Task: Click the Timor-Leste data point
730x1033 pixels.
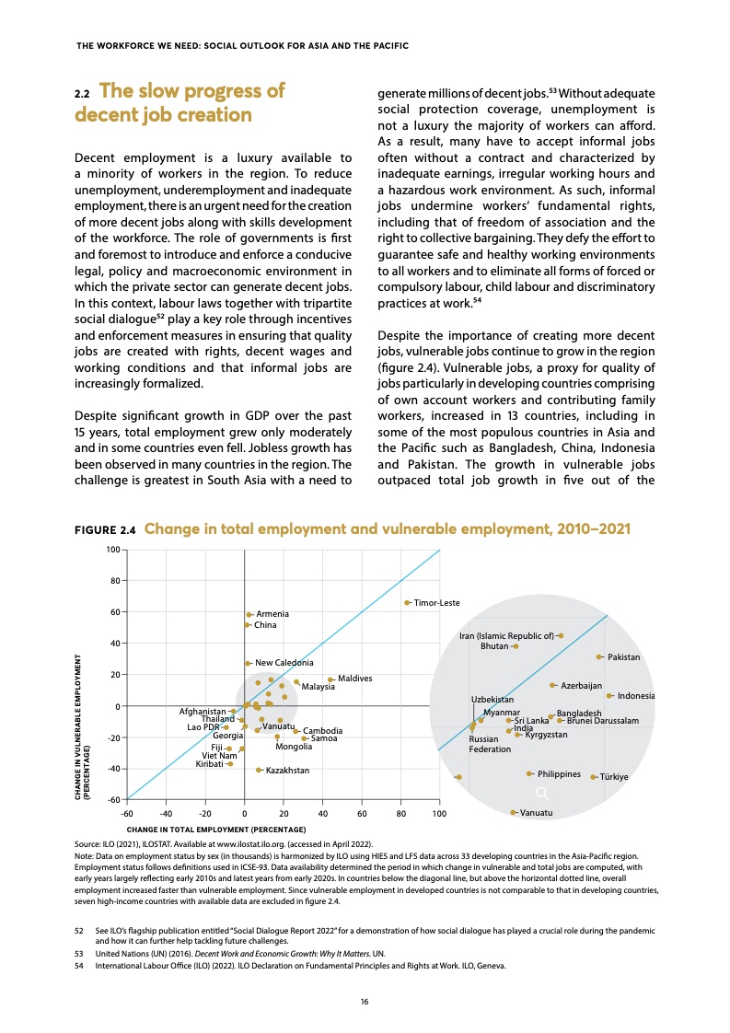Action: pyautogui.click(x=407, y=602)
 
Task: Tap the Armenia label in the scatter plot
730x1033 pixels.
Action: pyautogui.click(x=272, y=614)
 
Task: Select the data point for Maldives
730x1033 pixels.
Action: pyautogui.click(x=330, y=679)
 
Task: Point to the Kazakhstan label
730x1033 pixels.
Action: pyautogui.click(x=287, y=770)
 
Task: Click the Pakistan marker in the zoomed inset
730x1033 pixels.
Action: pyautogui.click(x=599, y=656)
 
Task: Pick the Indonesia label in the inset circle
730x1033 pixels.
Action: pyautogui.click(x=636, y=696)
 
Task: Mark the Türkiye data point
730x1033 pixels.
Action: pyautogui.click(x=593, y=777)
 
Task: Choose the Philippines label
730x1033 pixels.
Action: pyautogui.click(x=572, y=774)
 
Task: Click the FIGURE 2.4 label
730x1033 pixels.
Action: pyautogui.click(x=105, y=530)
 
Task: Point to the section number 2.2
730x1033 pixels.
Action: pyautogui.click(x=81, y=94)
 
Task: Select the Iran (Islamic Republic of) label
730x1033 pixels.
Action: pyautogui.click(x=506, y=635)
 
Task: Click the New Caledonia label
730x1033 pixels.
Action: pyautogui.click(x=284, y=663)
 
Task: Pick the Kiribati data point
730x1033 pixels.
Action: pyautogui.click(x=230, y=764)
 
